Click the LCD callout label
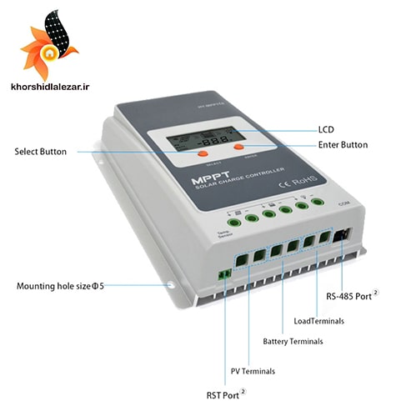click(326, 130)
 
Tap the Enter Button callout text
click(342, 145)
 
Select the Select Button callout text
click(41, 152)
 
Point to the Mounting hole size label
click(60, 286)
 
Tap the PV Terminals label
click(253, 371)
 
